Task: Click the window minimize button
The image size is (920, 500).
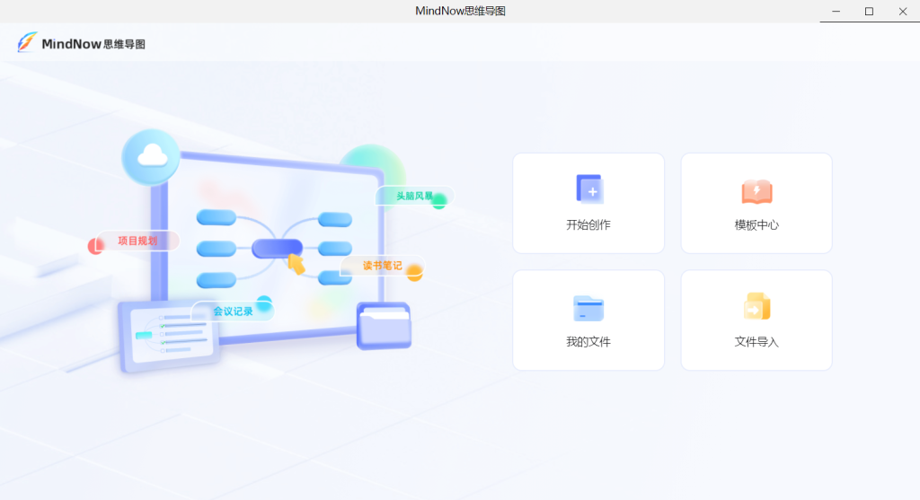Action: click(x=836, y=11)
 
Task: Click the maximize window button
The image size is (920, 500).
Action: click(x=869, y=11)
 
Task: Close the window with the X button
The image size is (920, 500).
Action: click(x=902, y=11)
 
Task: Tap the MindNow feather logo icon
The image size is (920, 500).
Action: click(x=27, y=42)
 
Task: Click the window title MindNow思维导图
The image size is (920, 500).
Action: click(x=460, y=11)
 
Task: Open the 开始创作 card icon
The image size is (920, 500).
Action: click(x=589, y=189)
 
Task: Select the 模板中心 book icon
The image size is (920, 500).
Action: click(x=756, y=191)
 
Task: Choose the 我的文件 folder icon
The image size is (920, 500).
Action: click(x=588, y=308)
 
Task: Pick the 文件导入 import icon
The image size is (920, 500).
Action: click(x=756, y=307)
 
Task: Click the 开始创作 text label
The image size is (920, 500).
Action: click(x=588, y=225)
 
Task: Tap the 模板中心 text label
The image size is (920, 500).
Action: click(x=756, y=225)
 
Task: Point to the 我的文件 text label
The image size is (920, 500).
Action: click(x=588, y=342)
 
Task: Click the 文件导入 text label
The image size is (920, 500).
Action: click(x=756, y=342)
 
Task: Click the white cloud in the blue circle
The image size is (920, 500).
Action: click(x=152, y=155)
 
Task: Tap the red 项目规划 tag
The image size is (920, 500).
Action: click(x=137, y=241)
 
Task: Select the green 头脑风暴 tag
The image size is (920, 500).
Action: click(x=414, y=197)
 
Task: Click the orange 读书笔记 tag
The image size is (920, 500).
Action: click(x=382, y=266)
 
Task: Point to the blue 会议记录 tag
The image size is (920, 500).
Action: click(x=233, y=311)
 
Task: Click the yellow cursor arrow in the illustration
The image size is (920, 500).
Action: click(x=296, y=264)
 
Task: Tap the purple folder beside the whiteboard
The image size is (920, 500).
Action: click(x=384, y=326)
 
